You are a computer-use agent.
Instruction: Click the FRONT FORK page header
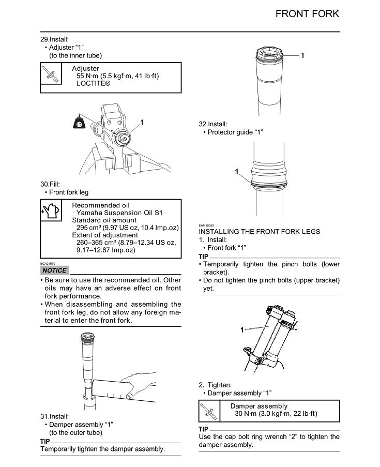point(307,14)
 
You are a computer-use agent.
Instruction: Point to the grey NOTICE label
point(54,270)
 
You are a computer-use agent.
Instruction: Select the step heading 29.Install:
point(54,39)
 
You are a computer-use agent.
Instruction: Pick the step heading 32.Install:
point(213,124)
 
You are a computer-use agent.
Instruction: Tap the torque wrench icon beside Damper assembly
point(210,412)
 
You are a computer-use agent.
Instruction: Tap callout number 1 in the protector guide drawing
point(237,172)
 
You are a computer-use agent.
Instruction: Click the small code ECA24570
point(49,263)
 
